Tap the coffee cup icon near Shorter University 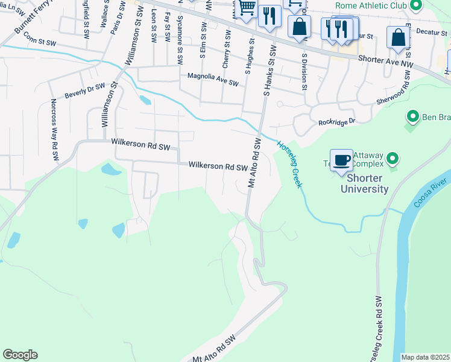(341, 160)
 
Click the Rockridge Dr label (337, 122)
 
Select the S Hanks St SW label (270, 71)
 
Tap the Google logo (20, 355)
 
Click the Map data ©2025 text (425, 357)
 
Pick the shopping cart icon (246, 9)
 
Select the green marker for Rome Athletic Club (415, 6)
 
